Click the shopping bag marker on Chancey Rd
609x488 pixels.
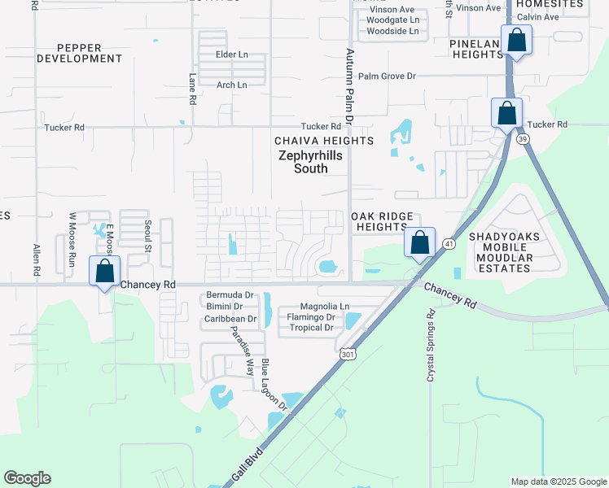105,272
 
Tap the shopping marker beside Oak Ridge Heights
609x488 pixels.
419,242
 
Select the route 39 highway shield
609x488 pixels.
523,139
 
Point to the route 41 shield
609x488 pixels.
448,243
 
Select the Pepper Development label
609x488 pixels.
80,53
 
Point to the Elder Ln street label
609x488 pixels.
231,54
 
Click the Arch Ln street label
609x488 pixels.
231,85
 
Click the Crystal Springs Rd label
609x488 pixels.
431,346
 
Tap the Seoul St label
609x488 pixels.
148,235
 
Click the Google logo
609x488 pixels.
27,478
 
